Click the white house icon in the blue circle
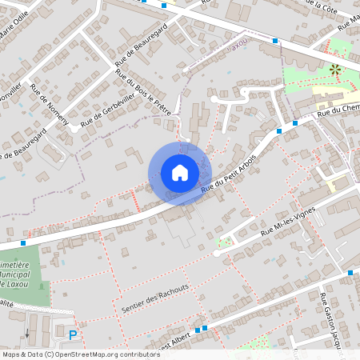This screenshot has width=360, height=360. point(179,173)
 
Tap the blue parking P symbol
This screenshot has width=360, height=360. point(74,336)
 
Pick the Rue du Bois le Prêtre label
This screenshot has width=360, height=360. point(144,98)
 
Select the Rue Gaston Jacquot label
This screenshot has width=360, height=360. point(334,321)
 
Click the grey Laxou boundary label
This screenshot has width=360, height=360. point(238,46)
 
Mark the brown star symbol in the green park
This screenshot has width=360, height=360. point(335,70)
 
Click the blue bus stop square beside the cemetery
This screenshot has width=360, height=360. point(25,242)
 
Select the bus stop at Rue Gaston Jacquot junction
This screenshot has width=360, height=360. point(350,273)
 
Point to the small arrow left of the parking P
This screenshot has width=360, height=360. point(26,333)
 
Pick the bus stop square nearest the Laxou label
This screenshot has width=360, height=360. point(274,40)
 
